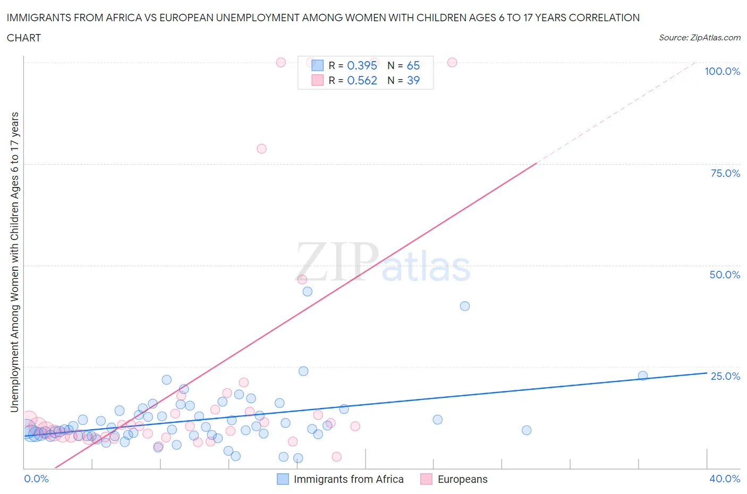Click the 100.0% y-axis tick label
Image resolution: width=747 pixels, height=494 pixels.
(x=722, y=72)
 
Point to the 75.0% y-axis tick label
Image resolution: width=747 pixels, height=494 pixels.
(x=725, y=173)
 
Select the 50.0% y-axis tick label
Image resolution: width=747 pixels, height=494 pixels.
(x=725, y=275)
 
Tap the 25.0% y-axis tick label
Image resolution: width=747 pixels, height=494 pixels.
(x=725, y=376)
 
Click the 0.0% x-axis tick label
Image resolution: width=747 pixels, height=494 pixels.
(x=37, y=479)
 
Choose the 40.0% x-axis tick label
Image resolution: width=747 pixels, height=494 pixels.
(x=725, y=479)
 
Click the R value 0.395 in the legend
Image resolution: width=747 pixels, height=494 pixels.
(x=362, y=65)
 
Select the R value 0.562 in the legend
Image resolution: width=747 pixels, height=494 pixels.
(x=362, y=80)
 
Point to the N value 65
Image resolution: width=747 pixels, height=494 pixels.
(x=413, y=65)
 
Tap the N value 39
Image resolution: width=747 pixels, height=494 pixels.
(x=413, y=80)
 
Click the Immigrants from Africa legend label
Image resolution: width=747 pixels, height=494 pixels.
(x=349, y=479)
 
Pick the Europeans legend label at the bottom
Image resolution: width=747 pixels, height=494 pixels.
(x=462, y=479)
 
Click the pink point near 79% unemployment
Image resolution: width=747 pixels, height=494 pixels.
(x=261, y=149)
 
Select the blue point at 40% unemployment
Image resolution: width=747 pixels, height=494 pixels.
(x=465, y=306)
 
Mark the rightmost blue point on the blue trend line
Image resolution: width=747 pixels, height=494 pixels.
(x=643, y=376)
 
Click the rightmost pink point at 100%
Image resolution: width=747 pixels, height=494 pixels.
(x=452, y=62)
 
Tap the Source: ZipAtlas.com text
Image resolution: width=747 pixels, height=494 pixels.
(x=699, y=38)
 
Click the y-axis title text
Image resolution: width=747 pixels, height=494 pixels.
(x=14, y=262)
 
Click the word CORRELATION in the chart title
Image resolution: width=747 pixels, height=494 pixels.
(x=604, y=18)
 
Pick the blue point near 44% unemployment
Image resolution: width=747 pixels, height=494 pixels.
(x=307, y=292)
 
